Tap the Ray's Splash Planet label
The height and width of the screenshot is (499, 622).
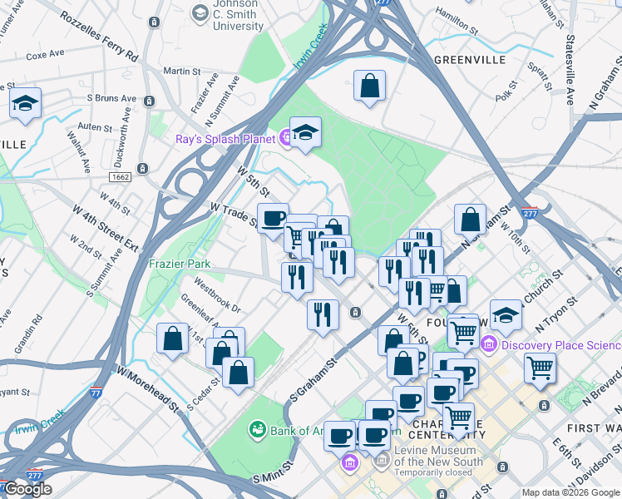tap(225, 139)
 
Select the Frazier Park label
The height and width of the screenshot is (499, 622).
tap(179, 264)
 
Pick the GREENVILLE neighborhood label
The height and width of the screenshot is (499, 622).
tap(470, 61)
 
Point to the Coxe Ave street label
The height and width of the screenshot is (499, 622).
tap(45, 57)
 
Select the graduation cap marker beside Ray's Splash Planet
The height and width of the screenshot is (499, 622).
tap(305, 133)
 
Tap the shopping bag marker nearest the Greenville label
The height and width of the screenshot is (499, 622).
tap(369, 86)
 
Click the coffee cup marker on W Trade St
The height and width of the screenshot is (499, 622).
tap(273, 219)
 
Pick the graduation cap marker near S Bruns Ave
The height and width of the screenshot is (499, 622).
tap(25, 104)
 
